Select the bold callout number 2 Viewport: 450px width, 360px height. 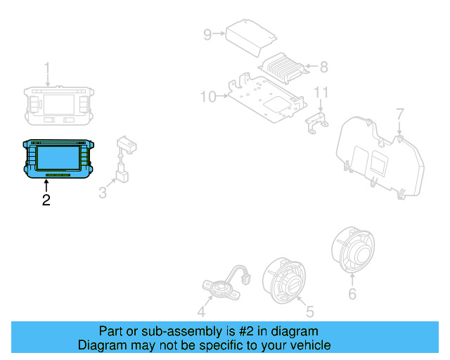click(46, 200)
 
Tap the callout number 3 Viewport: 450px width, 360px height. click(103, 192)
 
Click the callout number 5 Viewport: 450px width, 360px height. click(310, 310)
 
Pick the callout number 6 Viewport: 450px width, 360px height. click(352, 294)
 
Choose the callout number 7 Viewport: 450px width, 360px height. click(399, 114)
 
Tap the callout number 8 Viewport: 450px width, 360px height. click(323, 67)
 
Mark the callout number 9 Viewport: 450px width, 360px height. click(207, 34)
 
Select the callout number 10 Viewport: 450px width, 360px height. click(207, 96)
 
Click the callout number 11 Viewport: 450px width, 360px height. click(321, 92)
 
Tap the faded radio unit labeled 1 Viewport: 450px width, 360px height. click(58, 104)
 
